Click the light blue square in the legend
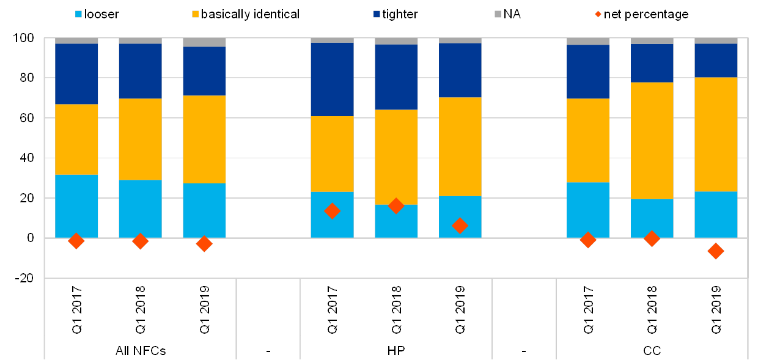pyautogui.click(x=78, y=13)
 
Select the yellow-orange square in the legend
pyautogui.click(x=195, y=13)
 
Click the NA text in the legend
pyautogui.click(x=513, y=13)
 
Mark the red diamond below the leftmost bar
pyautogui.click(x=76, y=241)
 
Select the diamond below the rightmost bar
pyautogui.click(x=716, y=251)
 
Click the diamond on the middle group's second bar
pyautogui.click(x=396, y=206)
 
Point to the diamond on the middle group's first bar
pyautogui.click(x=332, y=211)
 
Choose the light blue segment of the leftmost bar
pyautogui.click(x=76, y=206)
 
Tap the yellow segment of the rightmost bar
pyautogui.click(x=716, y=134)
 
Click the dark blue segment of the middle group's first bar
pyautogui.click(x=332, y=79)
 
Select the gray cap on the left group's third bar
pyautogui.click(x=204, y=42)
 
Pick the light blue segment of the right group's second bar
pyautogui.click(x=652, y=218)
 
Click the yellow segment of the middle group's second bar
pyautogui.click(x=396, y=157)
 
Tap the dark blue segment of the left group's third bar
pyautogui.click(x=204, y=71)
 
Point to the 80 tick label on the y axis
pyautogui.click(x=27, y=78)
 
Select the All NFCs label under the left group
pyautogui.click(x=141, y=351)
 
